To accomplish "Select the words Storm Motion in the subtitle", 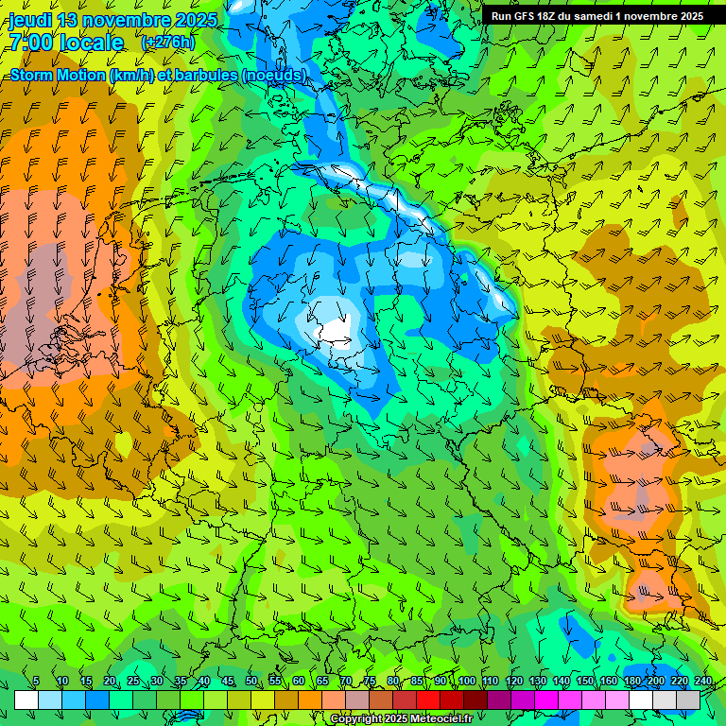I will click(x=58, y=75).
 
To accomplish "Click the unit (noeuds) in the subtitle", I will click(x=274, y=75).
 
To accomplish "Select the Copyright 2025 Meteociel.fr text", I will click(x=401, y=719).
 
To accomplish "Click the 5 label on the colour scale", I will click(x=36, y=682).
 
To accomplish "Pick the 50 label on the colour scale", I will click(x=251, y=682).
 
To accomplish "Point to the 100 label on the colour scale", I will click(x=466, y=682).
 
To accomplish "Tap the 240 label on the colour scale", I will click(x=702, y=682).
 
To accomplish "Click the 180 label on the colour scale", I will click(x=631, y=682).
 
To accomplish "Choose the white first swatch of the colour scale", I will click(x=26, y=700).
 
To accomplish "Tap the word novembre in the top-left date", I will click(x=134, y=20).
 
